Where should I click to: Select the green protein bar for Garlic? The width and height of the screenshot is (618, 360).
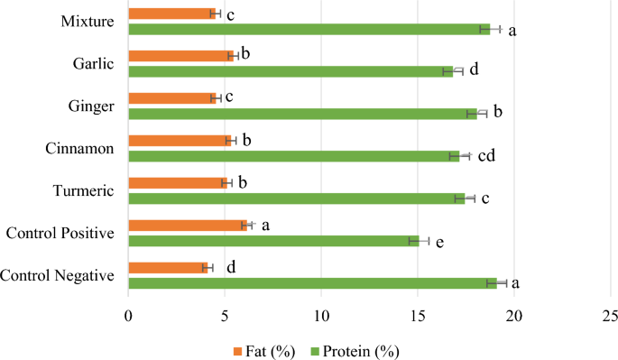pos(291,71)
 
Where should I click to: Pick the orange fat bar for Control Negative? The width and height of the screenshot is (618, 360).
pos(168,267)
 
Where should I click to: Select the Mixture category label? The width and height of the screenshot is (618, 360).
pos(88,21)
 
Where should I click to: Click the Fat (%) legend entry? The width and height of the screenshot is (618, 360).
pos(263,350)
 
